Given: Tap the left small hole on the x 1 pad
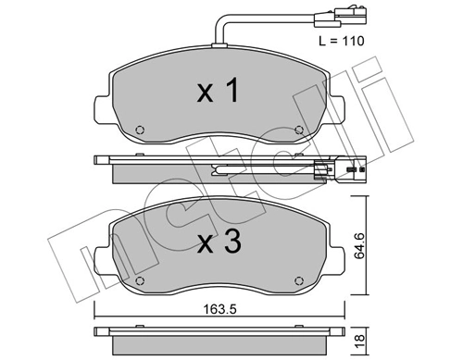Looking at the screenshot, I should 139,130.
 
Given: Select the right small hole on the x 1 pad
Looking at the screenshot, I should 297,130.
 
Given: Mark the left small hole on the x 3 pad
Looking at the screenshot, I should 139,281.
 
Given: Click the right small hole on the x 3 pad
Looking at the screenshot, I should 297,281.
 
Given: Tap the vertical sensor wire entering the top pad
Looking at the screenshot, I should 216,31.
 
